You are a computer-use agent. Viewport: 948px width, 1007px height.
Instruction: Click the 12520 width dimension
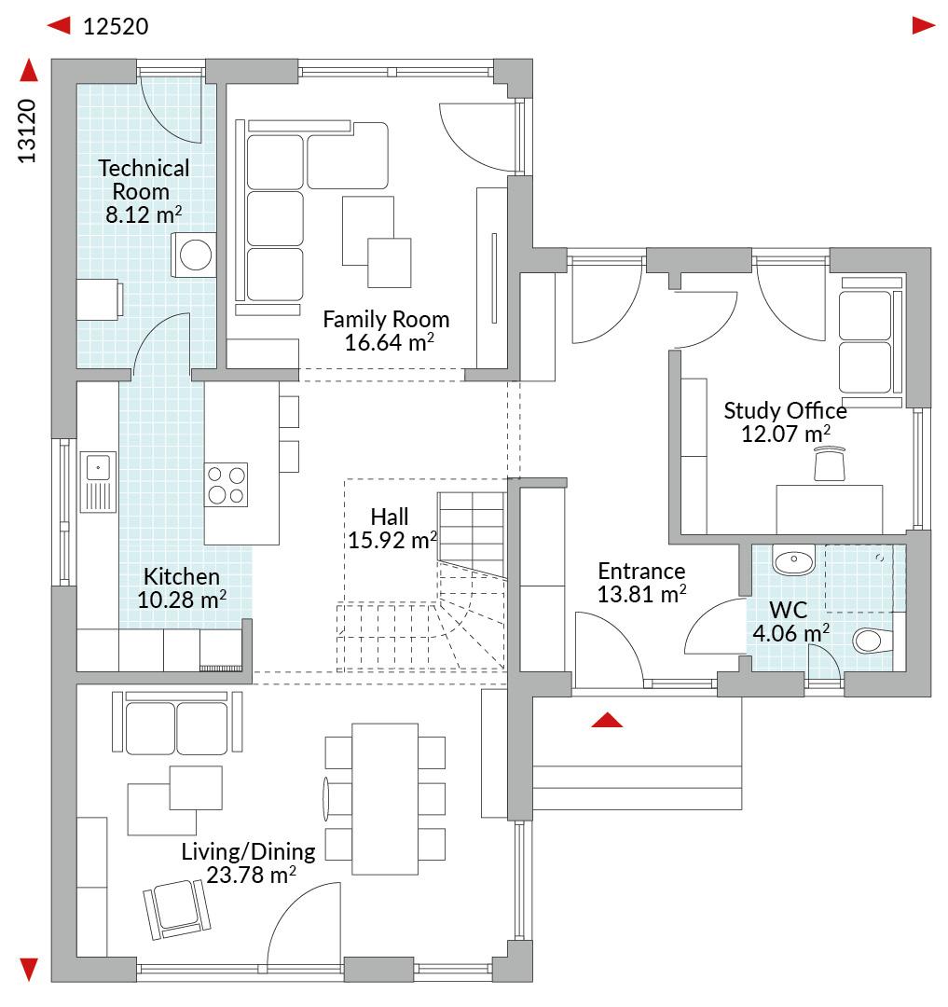[116, 26]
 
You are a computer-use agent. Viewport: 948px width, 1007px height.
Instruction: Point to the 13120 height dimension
[27, 131]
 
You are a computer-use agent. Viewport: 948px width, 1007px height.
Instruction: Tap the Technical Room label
[144, 180]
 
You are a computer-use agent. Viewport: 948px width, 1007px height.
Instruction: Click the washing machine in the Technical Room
[193, 255]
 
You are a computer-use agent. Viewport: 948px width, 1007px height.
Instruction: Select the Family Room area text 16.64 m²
[389, 342]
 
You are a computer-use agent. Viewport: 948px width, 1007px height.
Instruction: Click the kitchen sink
[98, 482]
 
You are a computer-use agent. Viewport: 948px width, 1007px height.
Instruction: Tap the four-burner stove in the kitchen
[226, 485]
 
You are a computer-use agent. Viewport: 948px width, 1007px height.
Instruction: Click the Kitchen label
[182, 576]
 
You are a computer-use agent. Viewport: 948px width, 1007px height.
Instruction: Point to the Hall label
[390, 517]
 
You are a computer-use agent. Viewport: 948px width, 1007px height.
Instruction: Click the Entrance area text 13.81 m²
[642, 594]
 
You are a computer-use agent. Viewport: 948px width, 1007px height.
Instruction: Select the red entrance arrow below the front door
[607, 720]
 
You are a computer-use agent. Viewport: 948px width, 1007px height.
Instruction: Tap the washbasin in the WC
[794, 560]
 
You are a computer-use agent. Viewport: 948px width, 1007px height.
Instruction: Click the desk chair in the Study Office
[830, 463]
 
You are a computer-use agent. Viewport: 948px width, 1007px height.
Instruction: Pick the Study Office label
[786, 410]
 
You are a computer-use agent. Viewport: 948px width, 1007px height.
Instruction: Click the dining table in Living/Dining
[385, 798]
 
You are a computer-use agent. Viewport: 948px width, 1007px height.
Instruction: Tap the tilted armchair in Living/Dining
[176, 909]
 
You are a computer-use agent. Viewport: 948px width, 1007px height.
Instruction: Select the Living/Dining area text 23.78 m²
[251, 875]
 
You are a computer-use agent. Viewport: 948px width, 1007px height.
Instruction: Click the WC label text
[789, 610]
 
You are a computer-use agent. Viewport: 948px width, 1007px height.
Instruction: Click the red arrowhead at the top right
[924, 26]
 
